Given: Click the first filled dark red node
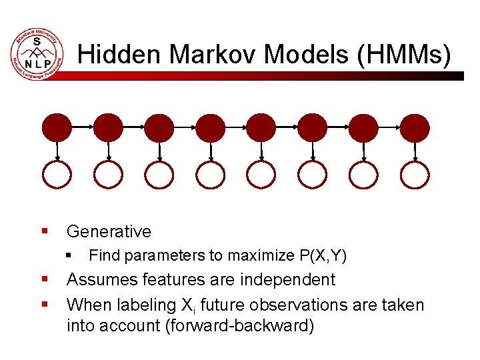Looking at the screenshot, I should click(57, 127).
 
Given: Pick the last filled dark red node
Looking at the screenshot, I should click(415, 127).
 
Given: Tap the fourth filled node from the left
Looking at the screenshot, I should click(211, 127).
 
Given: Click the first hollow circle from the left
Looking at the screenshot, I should click(57, 175).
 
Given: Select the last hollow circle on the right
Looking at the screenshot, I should click(415, 175).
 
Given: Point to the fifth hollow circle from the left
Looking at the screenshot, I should click(261, 175).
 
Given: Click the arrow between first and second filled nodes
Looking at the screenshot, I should click(83, 126).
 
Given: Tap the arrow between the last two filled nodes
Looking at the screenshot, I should click(389, 126).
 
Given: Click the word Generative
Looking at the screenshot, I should click(109, 231).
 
